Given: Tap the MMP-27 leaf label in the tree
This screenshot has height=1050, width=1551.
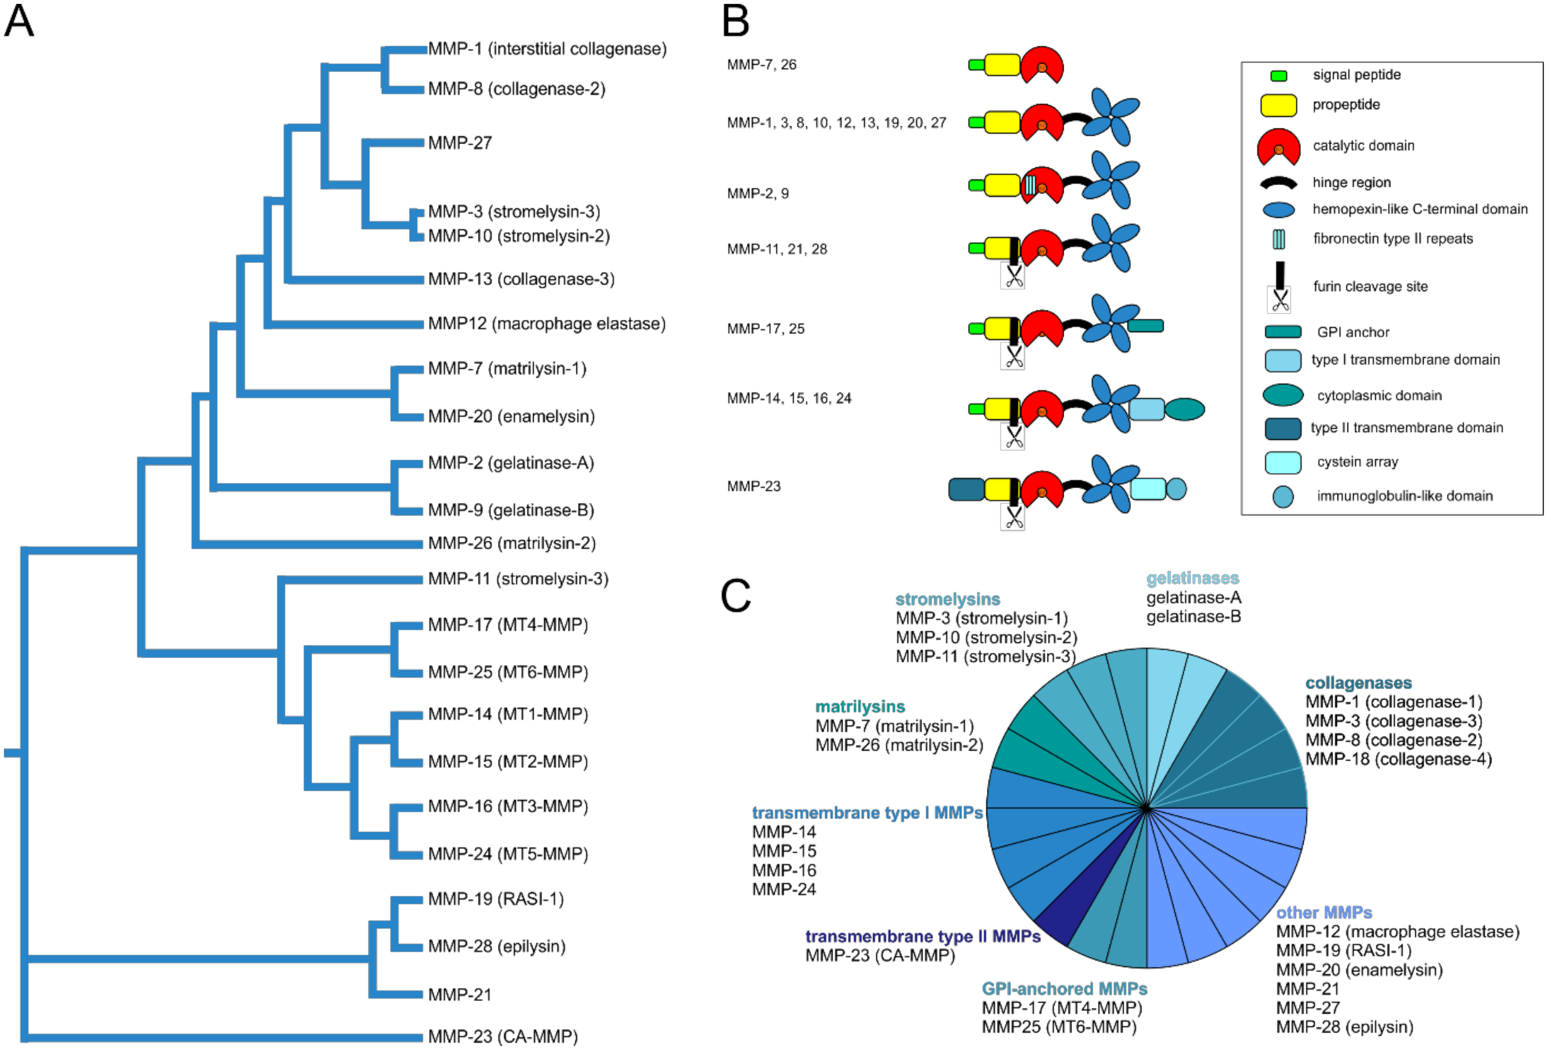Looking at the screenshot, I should pyautogui.click(x=460, y=143).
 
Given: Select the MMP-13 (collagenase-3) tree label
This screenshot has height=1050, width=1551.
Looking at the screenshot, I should pyautogui.click(x=520, y=279).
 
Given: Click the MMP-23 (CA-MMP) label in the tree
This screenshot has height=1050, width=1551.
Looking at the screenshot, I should pyautogui.click(x=503, y=1036).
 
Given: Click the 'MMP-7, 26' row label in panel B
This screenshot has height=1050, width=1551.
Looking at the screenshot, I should pyautogui.click(x=761, y=65).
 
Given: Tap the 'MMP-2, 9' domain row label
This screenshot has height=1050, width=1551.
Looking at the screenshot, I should pyautogui.click(x=758, y=193).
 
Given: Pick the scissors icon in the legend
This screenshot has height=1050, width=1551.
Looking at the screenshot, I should pyautogui.click(x=1279, y=300).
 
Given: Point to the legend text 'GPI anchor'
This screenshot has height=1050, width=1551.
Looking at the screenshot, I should pyautogui.click(x=1353, y=332).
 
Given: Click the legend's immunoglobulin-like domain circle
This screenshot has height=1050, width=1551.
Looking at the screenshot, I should pyautogui.click(x=1282, y=496).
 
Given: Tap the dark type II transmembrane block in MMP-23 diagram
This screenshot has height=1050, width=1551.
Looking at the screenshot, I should pyautogui.click(x=966, y=489).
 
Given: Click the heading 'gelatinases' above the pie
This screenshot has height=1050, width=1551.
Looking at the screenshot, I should pyautogui.click(x=1192, y=578).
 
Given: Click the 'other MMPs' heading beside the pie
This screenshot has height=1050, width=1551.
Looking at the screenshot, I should pyautogui.click(x=1323, y=913).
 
